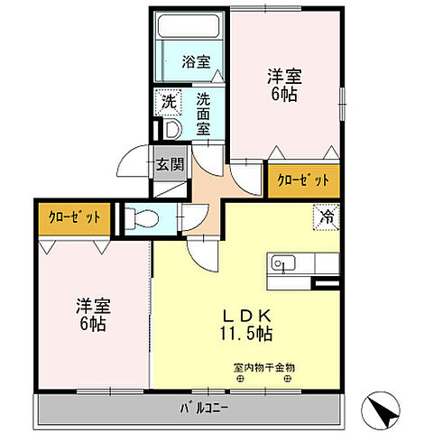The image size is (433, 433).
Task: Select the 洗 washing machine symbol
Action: (x=169, y=102)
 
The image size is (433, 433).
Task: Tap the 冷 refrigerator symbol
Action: (x=327, y=217)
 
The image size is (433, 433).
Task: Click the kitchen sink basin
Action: (x=281, y=265)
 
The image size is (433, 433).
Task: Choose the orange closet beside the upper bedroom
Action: (x=303, y=180)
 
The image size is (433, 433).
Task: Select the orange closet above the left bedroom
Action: (x=75, y=217)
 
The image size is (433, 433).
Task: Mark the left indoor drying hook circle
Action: (x=240, y=380)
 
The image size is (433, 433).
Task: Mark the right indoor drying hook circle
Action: (x=288, y=380)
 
